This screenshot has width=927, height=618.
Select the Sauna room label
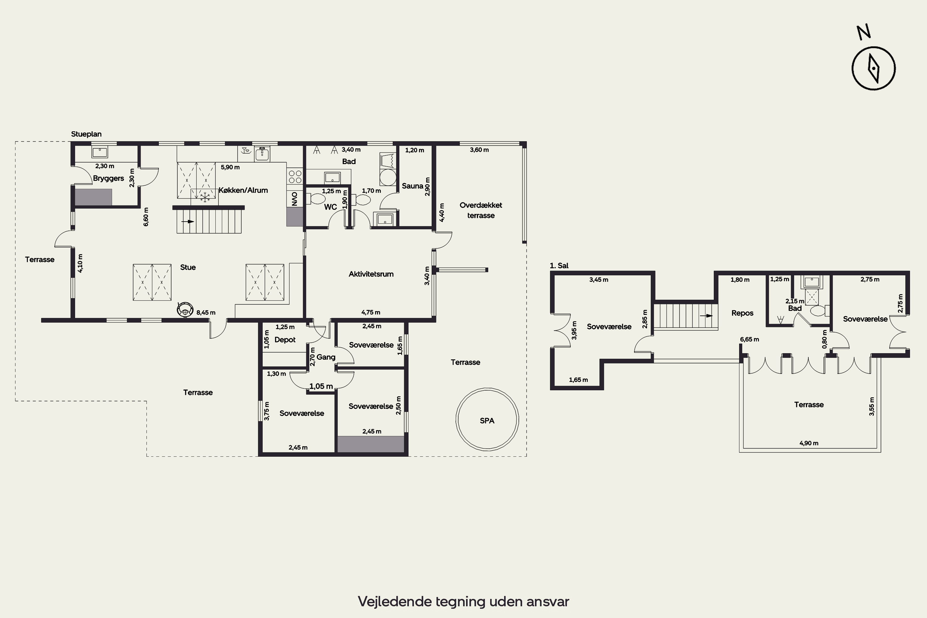click(412, 186)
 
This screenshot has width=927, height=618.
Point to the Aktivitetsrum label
click(371, 274)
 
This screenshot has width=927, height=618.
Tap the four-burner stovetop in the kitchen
click(295, 176)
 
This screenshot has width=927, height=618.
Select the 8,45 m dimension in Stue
click(206, 312)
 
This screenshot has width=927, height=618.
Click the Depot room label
click(285, 340)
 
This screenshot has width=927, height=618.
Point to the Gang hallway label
click(326, 357)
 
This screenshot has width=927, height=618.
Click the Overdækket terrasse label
click(481, 210)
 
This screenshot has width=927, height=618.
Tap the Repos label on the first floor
click(742, 313)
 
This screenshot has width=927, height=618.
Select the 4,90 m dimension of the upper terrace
click(809, 443)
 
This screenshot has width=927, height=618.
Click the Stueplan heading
click(86, 134)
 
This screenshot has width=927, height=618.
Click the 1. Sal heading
click(559, 266)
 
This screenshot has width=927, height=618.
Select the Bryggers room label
click(108, 178)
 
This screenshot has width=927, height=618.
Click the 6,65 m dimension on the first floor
click(749, 339)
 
